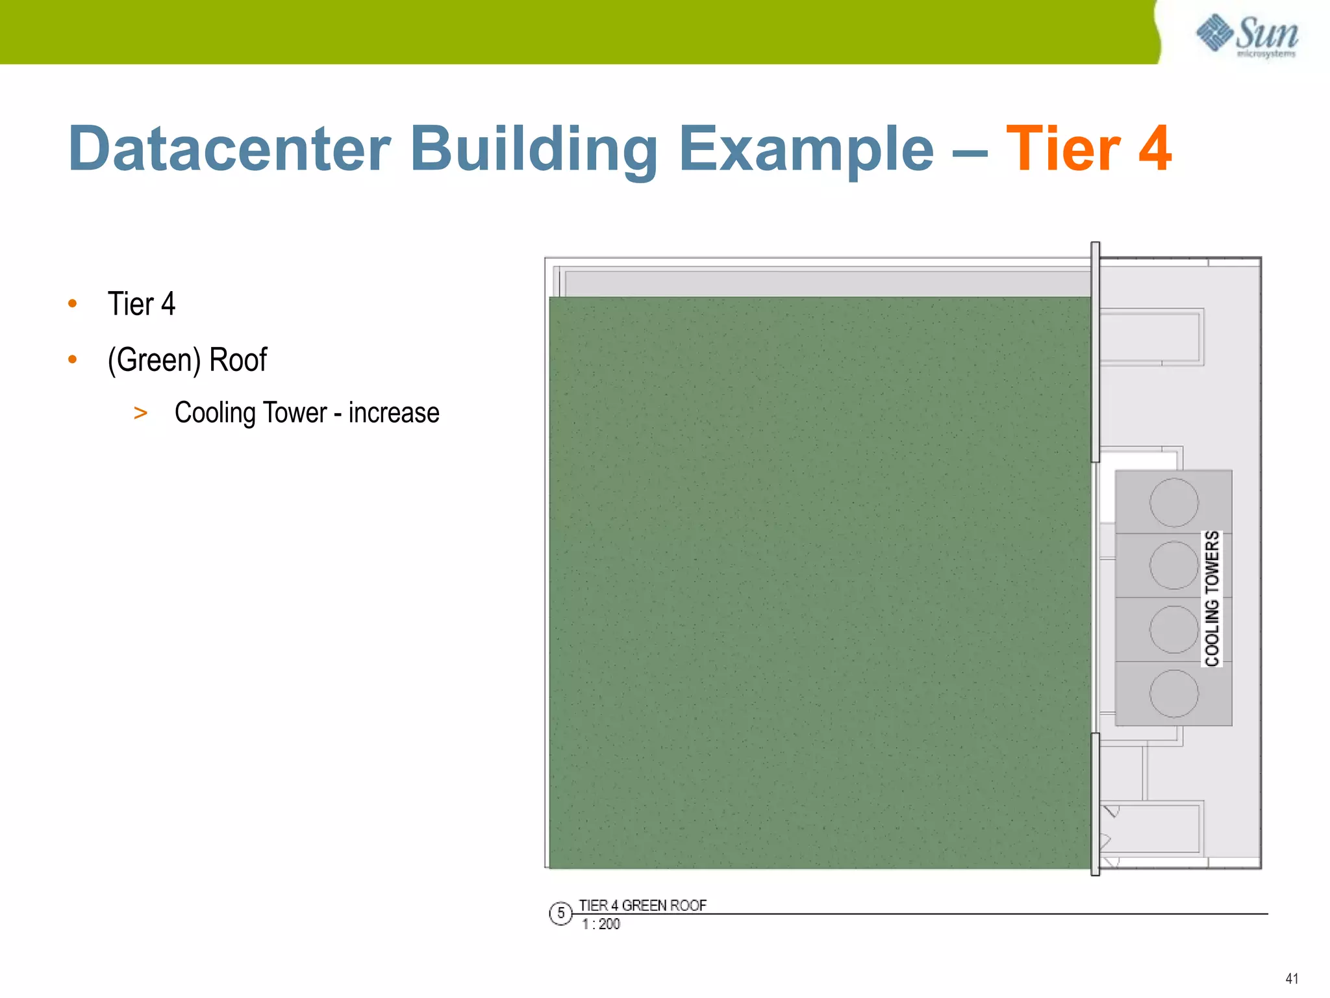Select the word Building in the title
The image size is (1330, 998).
(x=534, y=149)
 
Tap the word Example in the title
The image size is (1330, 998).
(x=806, y=149)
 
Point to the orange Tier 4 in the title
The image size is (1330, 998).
(x=1088, y=149)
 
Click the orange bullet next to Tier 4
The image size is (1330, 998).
(x=73, y=303)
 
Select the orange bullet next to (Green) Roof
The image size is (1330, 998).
(x=73, y=359)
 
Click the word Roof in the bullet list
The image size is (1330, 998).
(x=238, y=360)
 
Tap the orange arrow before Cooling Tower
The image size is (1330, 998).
(x=140, y=413)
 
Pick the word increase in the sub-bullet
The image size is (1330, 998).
(x=394, y=413)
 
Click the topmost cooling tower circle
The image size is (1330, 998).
(x=1173, y=502)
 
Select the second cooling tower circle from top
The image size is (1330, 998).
(x=1173, y=565)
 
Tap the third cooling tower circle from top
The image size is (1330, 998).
(x=1173, y=629)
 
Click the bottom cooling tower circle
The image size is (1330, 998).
(x=1173, y=693)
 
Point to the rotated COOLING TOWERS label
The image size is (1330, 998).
(x=1212, y=598)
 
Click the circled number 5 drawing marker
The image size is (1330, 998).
(x=560, y=914)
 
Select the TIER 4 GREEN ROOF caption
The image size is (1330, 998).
(x=642, y=905)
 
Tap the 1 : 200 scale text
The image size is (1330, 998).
(x=601, y=924)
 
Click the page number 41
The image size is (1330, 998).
(x=1292, y=979)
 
